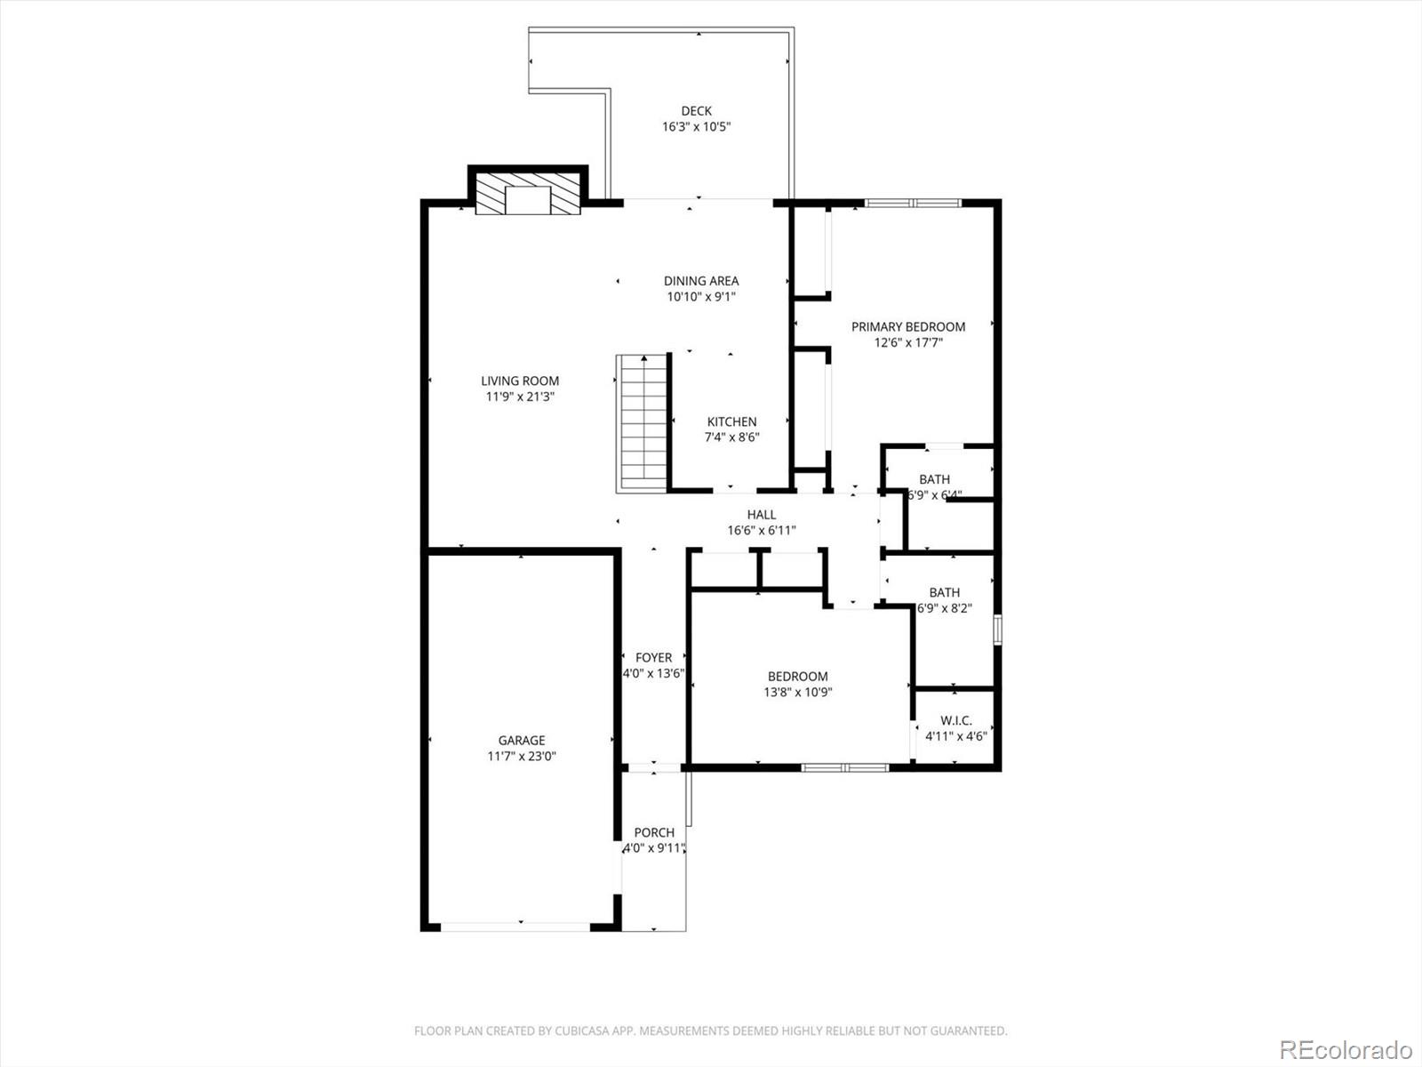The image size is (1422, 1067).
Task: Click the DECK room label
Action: coord(696,111)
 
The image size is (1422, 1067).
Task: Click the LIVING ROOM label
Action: coord(520,381)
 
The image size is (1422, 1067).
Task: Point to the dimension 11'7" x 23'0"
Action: coord(522,757)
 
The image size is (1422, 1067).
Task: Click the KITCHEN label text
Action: coord(731,421)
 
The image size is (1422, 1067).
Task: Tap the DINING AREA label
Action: coord(701,281)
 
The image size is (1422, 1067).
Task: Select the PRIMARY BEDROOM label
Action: coord(907,326)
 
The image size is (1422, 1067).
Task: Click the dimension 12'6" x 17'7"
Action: coord(907,342)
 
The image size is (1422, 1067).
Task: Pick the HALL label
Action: coord(761,514)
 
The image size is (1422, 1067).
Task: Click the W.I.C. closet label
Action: coord(955,720)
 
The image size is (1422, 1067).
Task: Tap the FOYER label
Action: coord(653,658)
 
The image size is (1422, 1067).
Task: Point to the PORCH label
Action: coord(654,832)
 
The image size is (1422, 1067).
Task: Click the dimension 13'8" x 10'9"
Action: coord(797,693)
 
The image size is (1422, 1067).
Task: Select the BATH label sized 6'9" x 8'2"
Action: coord(944,592)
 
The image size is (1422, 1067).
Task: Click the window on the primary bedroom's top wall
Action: coord(913,204)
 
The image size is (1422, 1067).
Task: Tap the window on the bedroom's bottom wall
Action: coord(844,767)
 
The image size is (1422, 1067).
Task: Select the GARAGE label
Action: coord(522,740)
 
